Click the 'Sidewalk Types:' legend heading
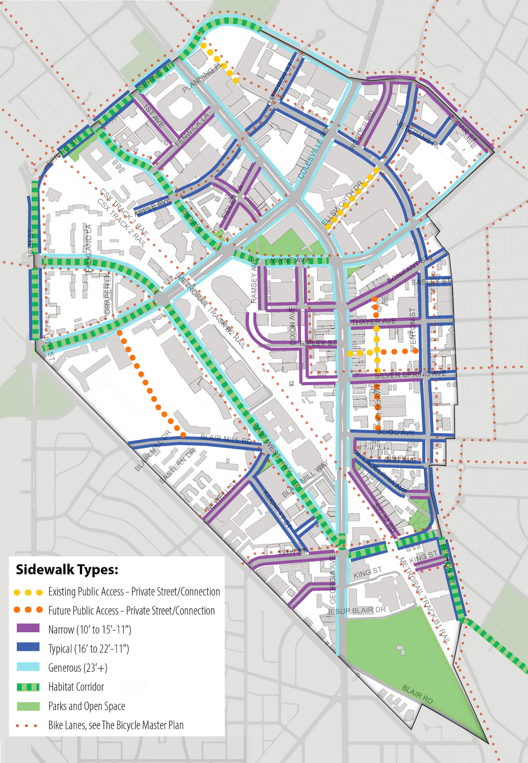(x=67, y=570)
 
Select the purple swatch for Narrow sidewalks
(x=28, y=629)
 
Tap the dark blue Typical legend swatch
(x=28, y=648)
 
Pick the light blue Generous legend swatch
(x=28, y=667)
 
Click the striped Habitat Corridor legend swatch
(x=28, y=687)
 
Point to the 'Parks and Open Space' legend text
(x=86, y=706)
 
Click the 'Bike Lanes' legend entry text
(x=116, y=725)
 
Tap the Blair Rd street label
(x=417, y=694)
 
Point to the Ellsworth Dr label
(x=342, y=203)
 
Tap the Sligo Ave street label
(x=395, y=432)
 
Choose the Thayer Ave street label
(x=374, y=321)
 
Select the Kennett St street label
(x=276, y=510)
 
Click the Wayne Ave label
(x=289, y=260)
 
